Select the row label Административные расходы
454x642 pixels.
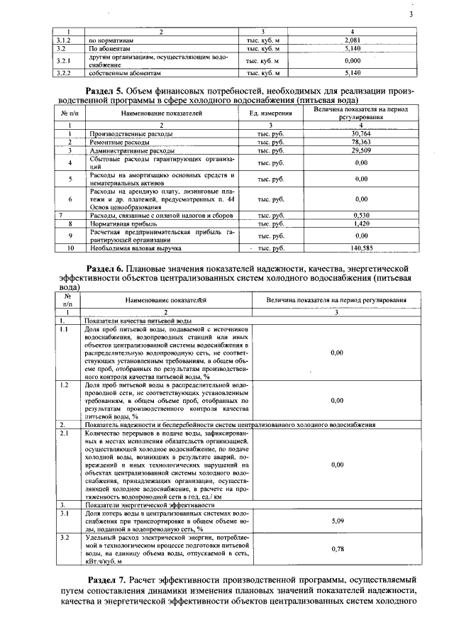(131, 150)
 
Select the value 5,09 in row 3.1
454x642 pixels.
(337, 521)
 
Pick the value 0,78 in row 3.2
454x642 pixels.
(337, 548)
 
